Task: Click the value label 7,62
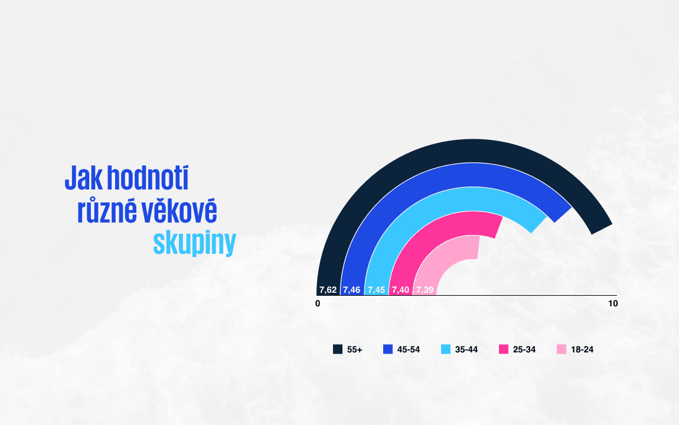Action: click(328, 290)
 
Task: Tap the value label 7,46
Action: click(352, 290)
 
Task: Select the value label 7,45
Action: click(376, 290)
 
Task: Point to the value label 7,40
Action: click(400, 290)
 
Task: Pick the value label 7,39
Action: click(425, 290)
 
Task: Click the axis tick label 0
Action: click(318, 303)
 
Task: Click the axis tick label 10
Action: click(613, 303)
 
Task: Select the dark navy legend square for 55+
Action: click(338, 349)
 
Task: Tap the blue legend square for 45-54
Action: click(388, 349)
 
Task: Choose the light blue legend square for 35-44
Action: click(446, 349)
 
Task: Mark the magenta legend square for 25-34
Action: click(504, 349)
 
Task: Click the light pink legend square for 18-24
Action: click(562, 349)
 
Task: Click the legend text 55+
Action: click(355, 349)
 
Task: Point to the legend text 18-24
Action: click(582, 349)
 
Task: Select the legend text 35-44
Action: click(466, 349)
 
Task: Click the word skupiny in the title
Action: click(194, 243)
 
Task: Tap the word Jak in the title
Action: click(81, 178)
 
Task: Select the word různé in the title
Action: click(106, 211)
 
